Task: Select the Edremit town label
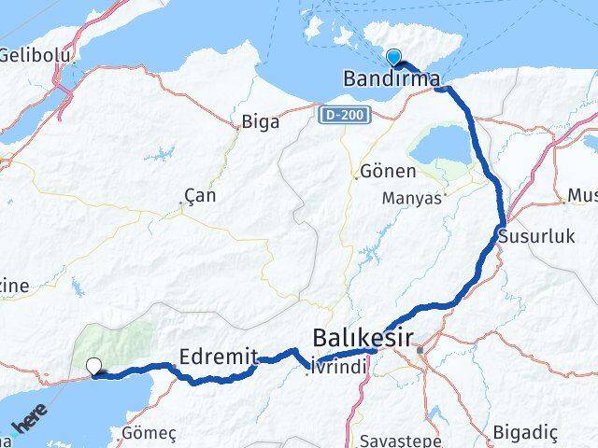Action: pyautogui.click(x=217, y=356)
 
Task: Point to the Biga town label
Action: pyautogui.click(x=260, y=121)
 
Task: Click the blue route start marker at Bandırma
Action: pyautogui.click(x=393, y=56)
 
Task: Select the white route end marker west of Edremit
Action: pyautogui.click(x=94, y=366)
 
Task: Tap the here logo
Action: pyautogui.click(x=28, y=429)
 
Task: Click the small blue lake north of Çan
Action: pyautogui.click(x=166, y=152)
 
